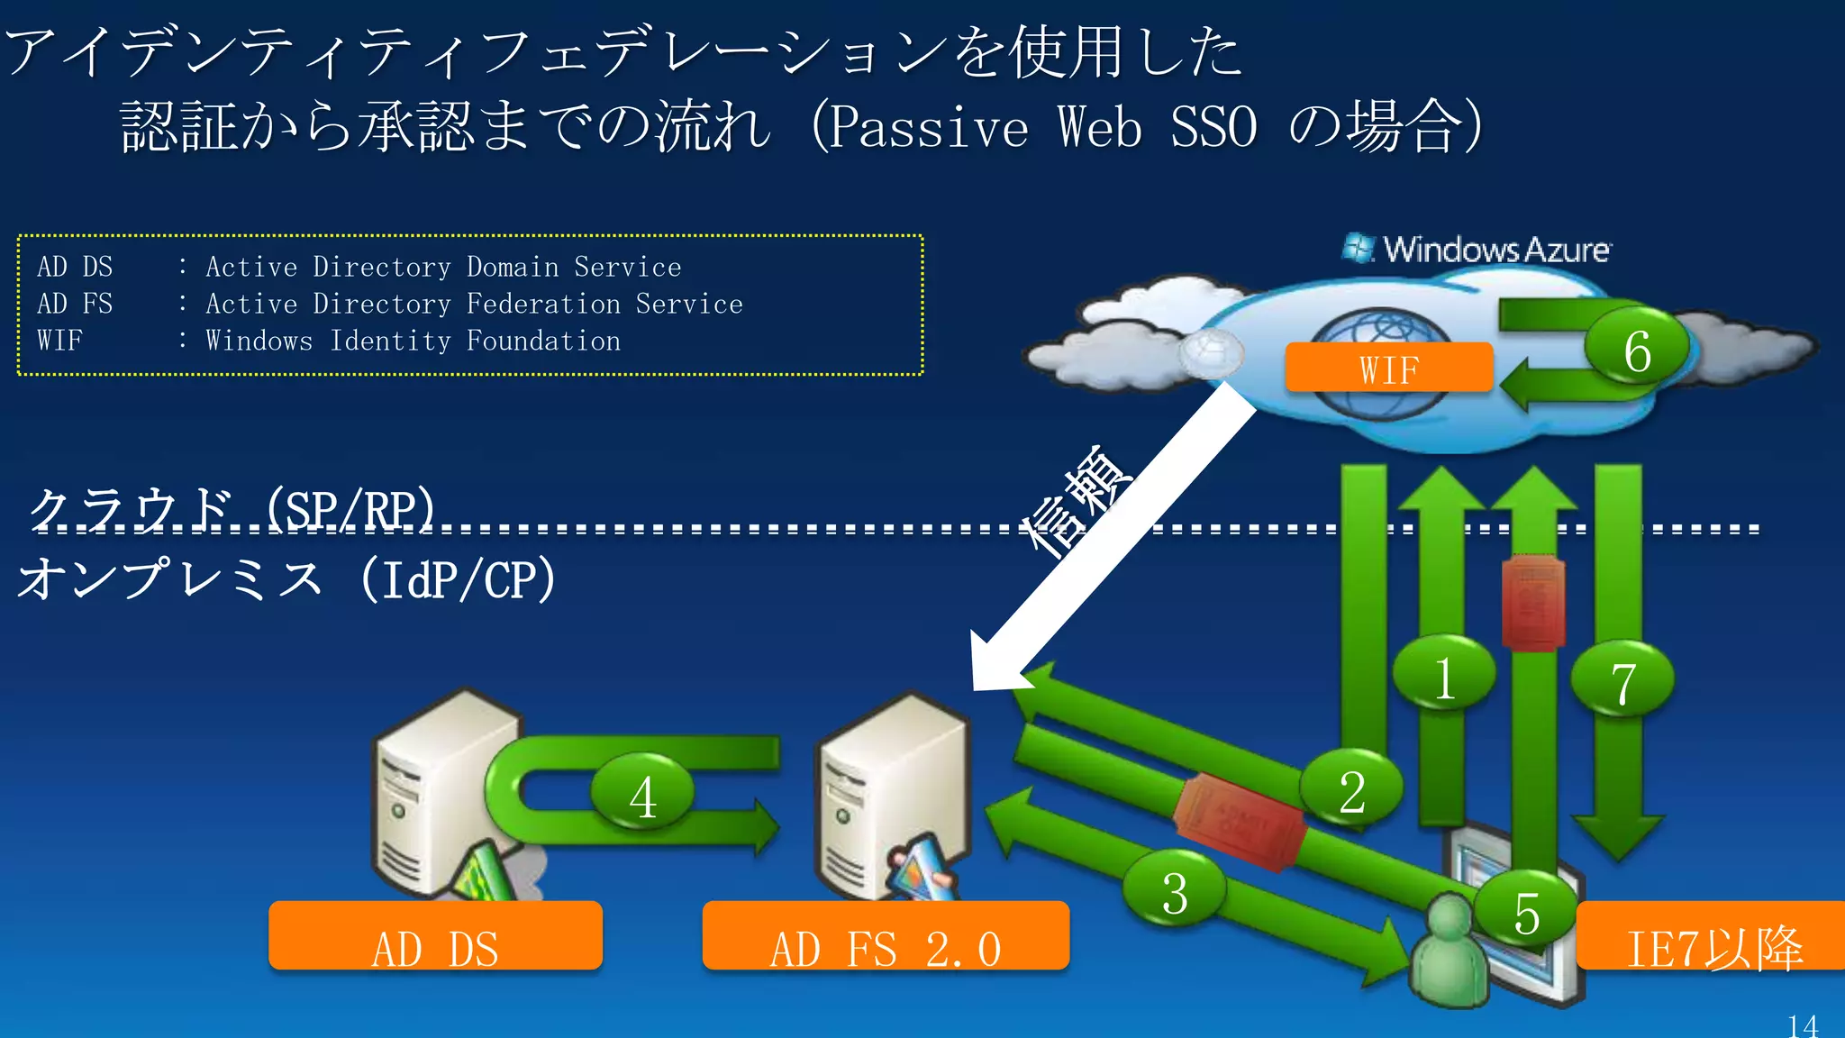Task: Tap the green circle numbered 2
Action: click(1351, 791)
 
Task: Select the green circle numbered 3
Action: click(1174, 892)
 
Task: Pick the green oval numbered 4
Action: click(642, 796)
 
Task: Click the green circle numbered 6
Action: click(1636, 351)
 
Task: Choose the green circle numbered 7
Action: click(1622, 682)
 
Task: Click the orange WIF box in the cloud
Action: click(1388, 368)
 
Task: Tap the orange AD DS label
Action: click(435, 937)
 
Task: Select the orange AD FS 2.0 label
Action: click(886, 937)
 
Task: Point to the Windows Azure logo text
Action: click(1495, 250)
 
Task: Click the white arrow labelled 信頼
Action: click(1117, 532)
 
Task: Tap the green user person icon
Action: click(1448, 955)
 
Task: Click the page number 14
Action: click(1803, 1025)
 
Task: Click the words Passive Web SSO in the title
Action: click(1041, 126)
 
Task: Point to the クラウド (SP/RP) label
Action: click(232, 509)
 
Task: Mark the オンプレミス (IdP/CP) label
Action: click(286, 578)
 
